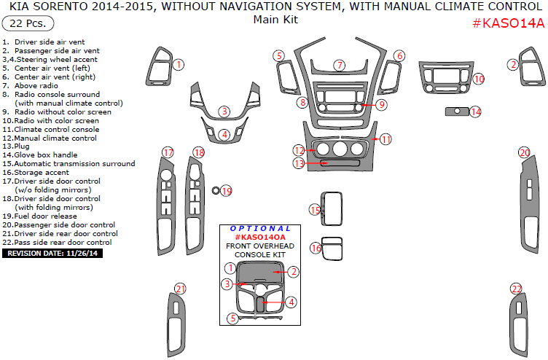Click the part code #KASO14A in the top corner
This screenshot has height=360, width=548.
[507, 23]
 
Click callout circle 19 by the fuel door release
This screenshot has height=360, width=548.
[226, 191]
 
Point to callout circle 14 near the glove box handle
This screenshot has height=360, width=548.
[476, 112]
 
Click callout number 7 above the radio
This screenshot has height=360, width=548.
[339, 66]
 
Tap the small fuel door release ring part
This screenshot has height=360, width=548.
[216, 190]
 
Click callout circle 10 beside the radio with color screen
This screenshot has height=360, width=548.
[478, 78]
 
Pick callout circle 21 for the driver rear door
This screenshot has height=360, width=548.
[180, 289]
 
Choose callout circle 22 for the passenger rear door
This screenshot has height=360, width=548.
[516, 289]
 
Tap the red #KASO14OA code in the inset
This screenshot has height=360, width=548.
[260, 238]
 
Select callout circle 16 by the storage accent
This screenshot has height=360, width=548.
[316, 249]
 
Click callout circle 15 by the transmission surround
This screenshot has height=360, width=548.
[315, 210]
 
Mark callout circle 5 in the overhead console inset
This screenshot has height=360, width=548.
[232, 318]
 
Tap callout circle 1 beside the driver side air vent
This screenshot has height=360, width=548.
[178, 65]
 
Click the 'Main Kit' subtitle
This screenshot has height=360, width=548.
[275, 20]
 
